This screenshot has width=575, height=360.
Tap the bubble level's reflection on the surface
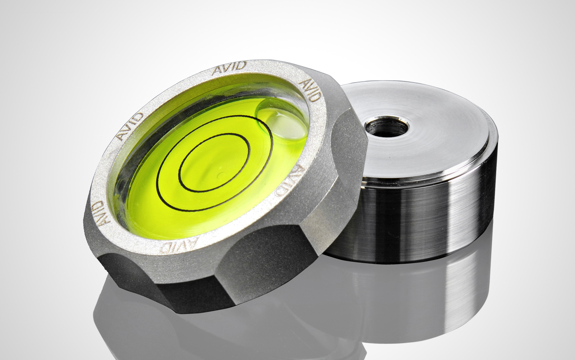(180, 323)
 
